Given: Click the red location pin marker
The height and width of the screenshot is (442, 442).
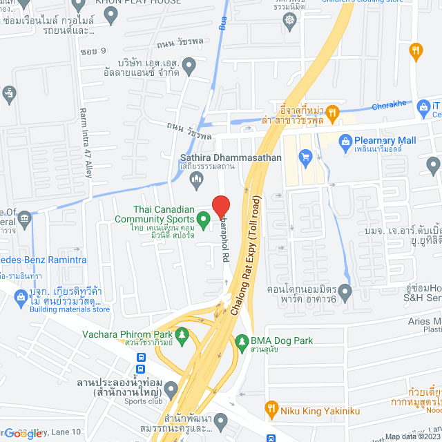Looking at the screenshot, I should pyautogui.click(x=220, y=206).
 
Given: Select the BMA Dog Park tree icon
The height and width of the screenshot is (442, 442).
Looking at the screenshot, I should pyautogui.click(x=242, y=341).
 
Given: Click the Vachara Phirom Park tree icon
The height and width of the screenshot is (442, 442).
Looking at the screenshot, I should pyautogui.click(x=182, y=336).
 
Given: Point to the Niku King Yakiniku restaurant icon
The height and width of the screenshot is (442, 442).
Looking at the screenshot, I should pyautogui.click(x=271, y=410).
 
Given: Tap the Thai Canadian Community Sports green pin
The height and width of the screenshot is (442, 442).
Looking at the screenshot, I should pyautogui.click(x=203, y=221).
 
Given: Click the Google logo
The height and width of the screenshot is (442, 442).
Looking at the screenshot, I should pyautogui.click(x=22, y=434).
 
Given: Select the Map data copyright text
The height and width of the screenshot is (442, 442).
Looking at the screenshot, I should pyautogui.click(x=412, y=436).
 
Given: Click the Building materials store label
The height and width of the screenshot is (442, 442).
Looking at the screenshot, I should pyautogui.click(x=70, y=309).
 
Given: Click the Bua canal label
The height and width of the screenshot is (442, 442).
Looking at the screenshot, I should pyautogui.click(x=222, y=23).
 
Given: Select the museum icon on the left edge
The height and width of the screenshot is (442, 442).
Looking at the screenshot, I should pyautogui.click(x=25, y=220).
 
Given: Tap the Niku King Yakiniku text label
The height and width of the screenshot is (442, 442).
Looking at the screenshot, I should pyautogui.click(x=311, y=410).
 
